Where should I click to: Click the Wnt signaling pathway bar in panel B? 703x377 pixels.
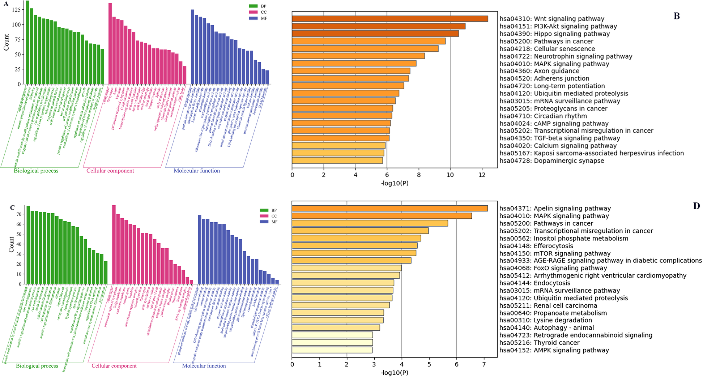tap(390, 19)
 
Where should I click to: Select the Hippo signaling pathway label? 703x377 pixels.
tap(554, 34)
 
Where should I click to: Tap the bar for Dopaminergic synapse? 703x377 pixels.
tap(337, 160)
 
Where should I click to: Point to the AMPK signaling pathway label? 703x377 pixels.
tap(554, 350)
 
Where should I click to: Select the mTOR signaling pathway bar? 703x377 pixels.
tap(354, 253)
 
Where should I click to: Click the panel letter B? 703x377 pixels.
tap(677, 16)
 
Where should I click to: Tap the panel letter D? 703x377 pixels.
tap(696, 206)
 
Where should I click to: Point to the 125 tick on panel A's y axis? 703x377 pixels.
tap(16, 10)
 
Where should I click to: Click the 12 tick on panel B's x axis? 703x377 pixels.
tap(482, 175)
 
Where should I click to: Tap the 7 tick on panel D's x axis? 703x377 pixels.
tap(484, 364)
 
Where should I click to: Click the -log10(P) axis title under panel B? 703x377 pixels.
tap(395, 183)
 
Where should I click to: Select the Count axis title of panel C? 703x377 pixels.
tap(11, 245)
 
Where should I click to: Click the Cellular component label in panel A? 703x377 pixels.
tap(110, 171)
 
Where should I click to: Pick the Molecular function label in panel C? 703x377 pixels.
tap(204, 366)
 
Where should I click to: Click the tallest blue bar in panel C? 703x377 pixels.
tap(199, 249)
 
